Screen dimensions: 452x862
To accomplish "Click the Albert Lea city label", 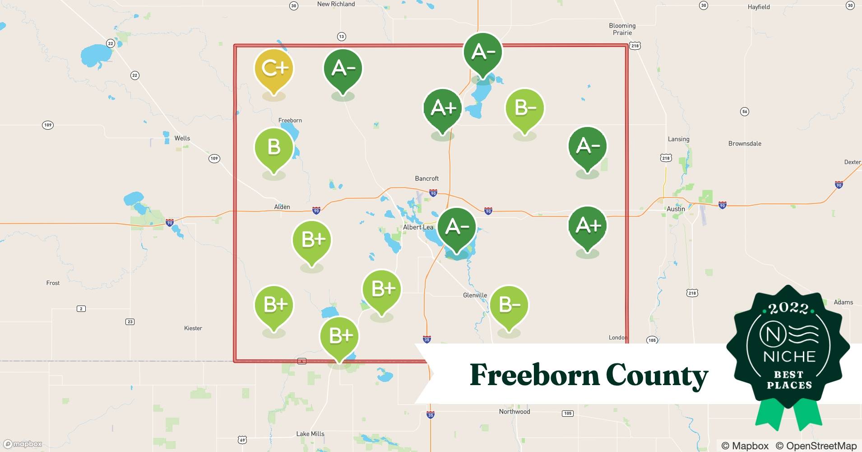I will pos(418,227).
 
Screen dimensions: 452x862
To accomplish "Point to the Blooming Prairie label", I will pos(622,29).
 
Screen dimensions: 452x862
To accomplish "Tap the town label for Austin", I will pos(676,209).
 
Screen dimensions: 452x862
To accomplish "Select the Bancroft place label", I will pos(426,179).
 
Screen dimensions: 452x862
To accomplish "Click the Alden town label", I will pos(282,207).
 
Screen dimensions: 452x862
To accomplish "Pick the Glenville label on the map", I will pos(475,295).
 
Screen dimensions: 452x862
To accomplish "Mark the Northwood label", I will pos(514,411).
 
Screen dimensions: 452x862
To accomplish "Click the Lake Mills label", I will pos(310,433).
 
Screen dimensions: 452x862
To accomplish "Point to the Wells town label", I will pos(182,138).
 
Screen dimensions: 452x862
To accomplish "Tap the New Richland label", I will pos(336,4).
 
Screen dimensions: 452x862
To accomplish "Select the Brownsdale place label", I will pos(745,144).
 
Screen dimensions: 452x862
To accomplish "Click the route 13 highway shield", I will pos(341,37).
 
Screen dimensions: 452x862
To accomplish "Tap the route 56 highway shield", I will pos(745,112).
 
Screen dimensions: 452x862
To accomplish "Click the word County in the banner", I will pos(657,375).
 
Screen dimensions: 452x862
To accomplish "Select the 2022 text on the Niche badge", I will pos(788,308).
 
